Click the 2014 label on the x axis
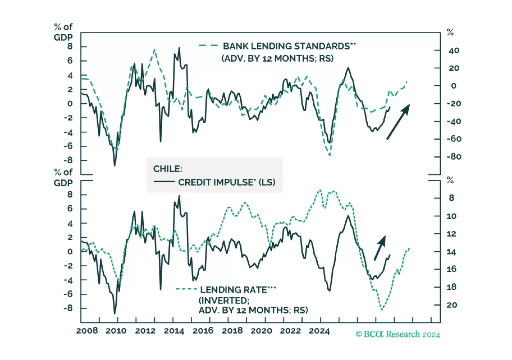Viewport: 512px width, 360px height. (x=174, y=331)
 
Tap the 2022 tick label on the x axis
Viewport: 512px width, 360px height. (x=290, y=331)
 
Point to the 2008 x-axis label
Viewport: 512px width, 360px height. (x=87, y=331)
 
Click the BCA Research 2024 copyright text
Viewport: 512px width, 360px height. (x=398, y=334)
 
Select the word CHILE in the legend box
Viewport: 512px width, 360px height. (x=167, y=169)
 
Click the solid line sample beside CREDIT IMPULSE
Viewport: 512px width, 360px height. (x=164, y=182)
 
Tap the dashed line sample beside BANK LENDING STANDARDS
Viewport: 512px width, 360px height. (x=208, y=46)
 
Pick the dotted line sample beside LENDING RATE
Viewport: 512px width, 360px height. (x=186, y=289)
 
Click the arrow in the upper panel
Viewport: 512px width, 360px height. (x=398, y=121)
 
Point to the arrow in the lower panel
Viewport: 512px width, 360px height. (x=380, y=248)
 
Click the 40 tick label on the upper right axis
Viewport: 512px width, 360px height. (x=454, y=51)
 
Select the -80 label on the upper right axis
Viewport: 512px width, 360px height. (x=454, y=157)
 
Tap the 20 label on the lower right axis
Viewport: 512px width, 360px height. (x=452, y=305)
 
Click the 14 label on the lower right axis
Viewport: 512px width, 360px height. (x=452, y=252)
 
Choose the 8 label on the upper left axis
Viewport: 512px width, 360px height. (x=70, y=46)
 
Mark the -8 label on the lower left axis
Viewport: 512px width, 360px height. (x=68, y=308)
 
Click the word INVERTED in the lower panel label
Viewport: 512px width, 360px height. (x=224, y=301)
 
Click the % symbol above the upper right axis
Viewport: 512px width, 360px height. (x=450, y=32)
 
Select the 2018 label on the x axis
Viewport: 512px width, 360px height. (x=232, y=331)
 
